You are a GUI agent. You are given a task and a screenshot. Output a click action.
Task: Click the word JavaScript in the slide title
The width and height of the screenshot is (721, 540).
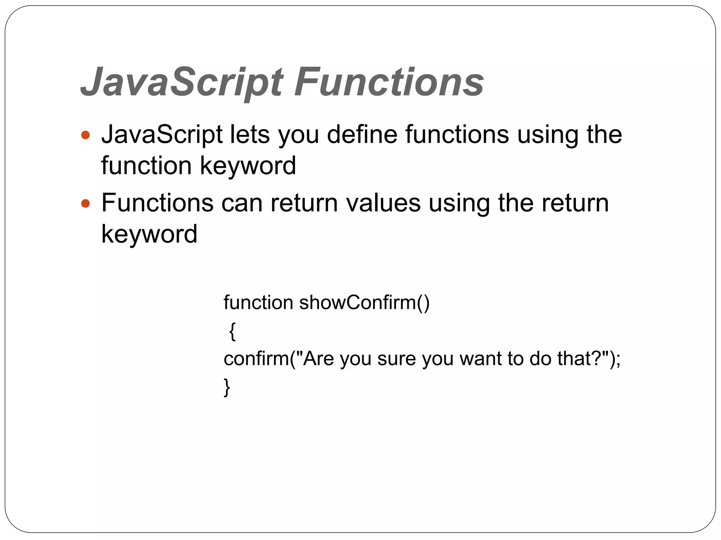click(182, 82)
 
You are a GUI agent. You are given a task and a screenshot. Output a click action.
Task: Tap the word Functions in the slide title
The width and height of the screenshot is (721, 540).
click(389, 82)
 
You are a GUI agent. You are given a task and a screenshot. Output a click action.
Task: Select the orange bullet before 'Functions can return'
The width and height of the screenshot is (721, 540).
click(86, 203)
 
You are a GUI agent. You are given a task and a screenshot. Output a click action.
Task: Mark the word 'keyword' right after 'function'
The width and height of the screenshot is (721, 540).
click(248, 166)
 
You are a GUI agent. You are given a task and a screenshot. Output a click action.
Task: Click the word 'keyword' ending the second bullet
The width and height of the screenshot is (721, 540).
click(149, 234)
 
